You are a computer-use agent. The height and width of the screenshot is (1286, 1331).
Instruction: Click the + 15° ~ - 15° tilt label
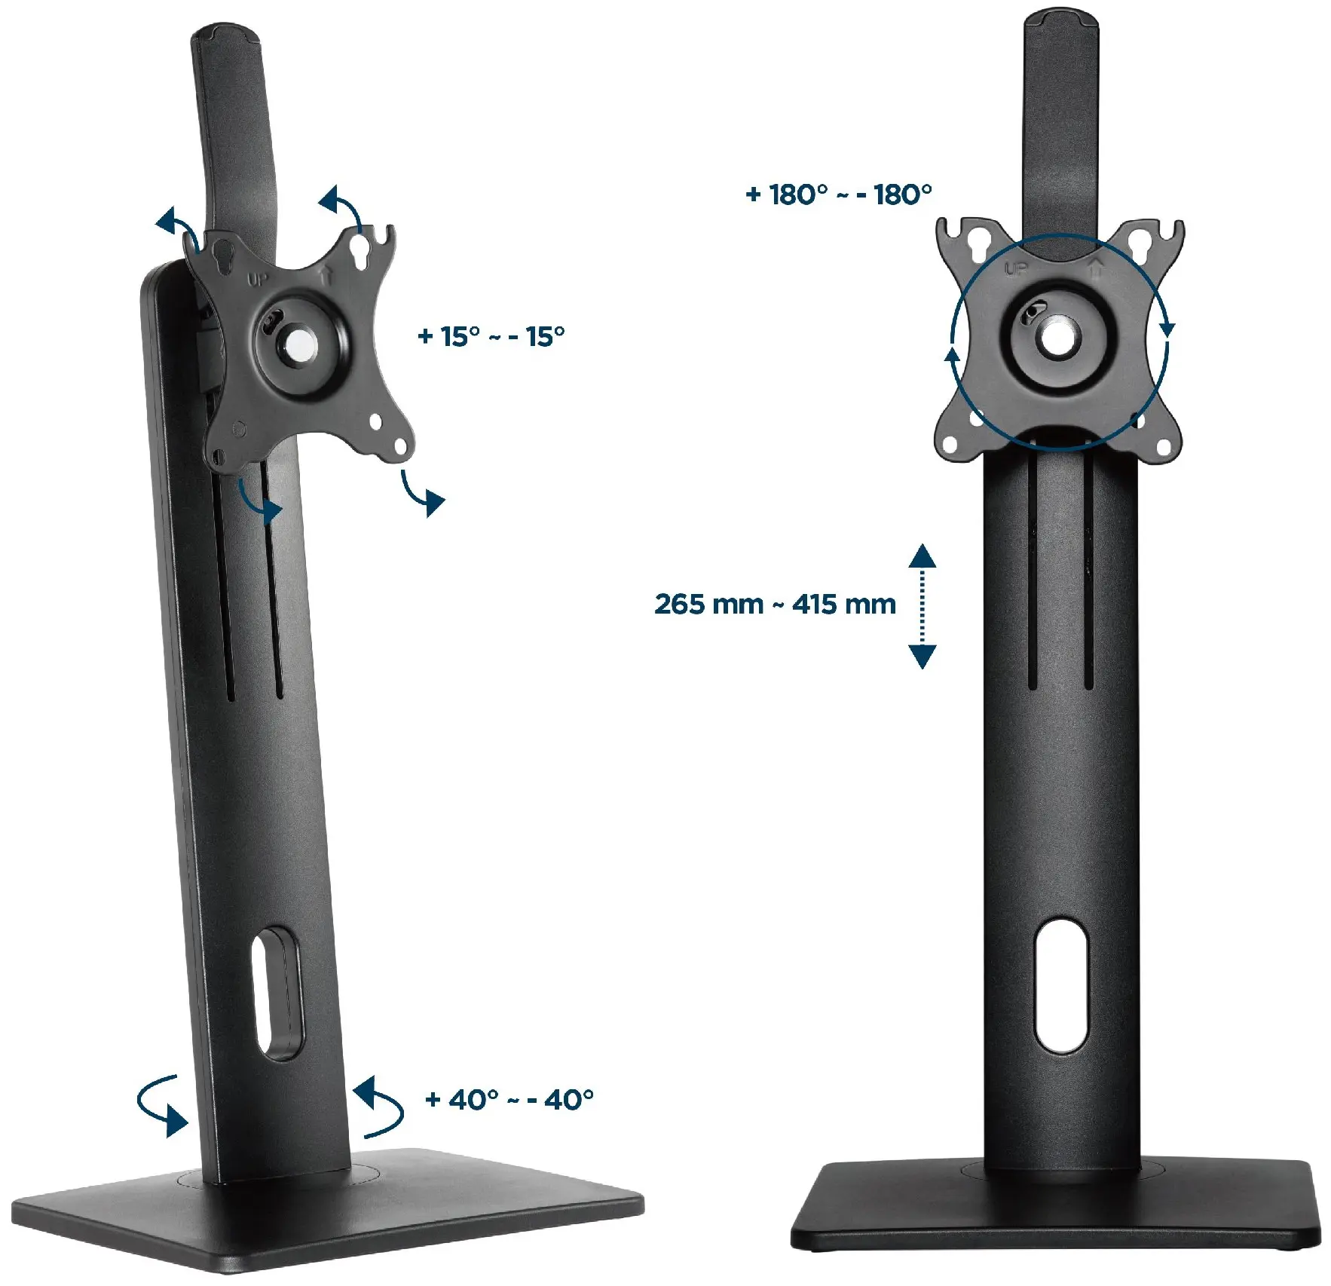click(491, 336)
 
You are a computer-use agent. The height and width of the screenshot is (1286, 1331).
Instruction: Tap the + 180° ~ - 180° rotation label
click(838, 194)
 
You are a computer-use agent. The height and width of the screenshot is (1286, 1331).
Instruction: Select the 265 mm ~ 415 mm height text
click(775, 604)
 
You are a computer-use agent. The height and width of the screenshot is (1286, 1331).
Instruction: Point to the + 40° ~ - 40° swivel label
click(509, 1100)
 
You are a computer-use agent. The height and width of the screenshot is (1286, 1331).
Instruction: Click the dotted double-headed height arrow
click(922, 605)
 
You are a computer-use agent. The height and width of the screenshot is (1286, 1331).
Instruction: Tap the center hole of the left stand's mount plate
click(299, 344)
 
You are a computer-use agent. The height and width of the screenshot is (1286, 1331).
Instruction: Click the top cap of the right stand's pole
click(1060, 19)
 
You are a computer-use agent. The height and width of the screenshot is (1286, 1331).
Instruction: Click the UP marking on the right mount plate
click(1016, 268)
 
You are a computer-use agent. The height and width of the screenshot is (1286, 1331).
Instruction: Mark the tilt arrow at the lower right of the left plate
click(422, 491)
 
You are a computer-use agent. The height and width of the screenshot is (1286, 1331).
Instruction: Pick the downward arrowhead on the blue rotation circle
click(1167, 328)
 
